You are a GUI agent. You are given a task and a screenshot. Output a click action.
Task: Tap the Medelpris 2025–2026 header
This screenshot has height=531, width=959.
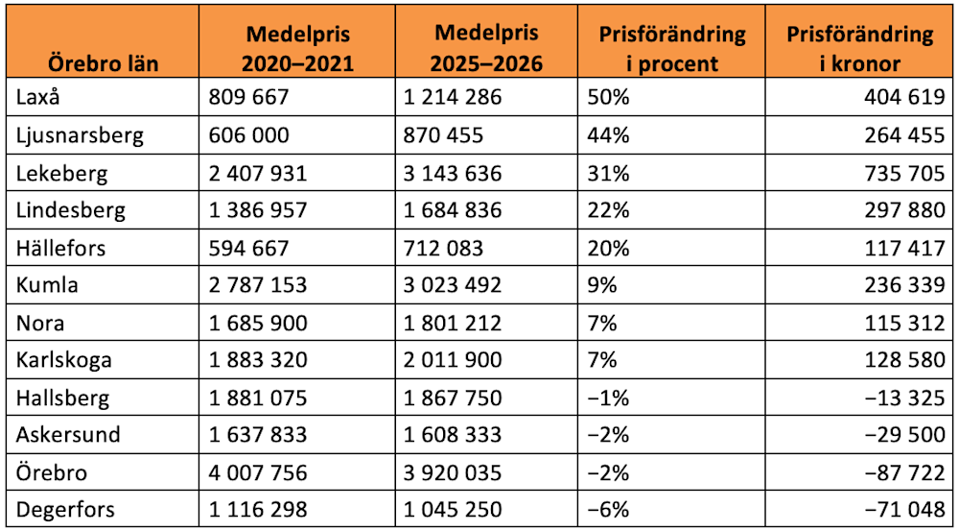click(x=487, y=49)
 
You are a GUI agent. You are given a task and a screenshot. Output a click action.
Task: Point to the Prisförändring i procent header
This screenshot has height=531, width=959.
click(x=671, y=49)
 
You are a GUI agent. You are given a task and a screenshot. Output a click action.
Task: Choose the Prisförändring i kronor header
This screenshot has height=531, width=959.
click(x=859, y=49)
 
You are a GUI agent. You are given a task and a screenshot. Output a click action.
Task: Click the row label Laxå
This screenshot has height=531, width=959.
click(x=38, y=96)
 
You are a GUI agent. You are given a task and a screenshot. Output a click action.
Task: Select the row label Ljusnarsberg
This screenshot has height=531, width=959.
click(x=80, y=134)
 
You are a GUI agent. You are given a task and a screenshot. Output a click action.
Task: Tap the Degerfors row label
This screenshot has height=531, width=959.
click(x=65, y=510)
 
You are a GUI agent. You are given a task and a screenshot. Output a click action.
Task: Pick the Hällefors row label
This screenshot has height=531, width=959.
click(x=61, y=248)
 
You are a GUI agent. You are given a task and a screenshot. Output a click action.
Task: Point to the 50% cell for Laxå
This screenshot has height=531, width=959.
click(x=608, y=97)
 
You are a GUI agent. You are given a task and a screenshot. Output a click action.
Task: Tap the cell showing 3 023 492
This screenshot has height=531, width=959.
click(x=452, y=286)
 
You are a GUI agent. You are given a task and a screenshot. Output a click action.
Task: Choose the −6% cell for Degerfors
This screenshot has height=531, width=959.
click(x=608, y=510)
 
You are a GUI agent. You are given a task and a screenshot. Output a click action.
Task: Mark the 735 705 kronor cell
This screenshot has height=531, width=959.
click(x=904, y=174)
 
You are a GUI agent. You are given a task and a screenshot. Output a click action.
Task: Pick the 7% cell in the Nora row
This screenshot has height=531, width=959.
click(x=601, y=324)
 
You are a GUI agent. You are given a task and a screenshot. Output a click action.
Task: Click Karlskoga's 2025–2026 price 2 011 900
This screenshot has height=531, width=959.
click(x=452, y=361)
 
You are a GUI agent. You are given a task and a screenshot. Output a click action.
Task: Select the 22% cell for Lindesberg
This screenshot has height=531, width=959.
click(x=608, y=211)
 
